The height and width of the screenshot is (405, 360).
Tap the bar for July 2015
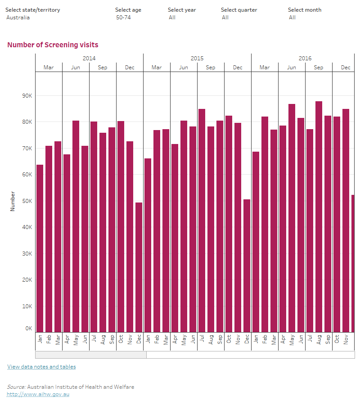click(x=202, y=220)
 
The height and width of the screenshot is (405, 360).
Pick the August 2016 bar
click(x=319, y=216)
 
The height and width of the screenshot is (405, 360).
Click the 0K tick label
click(x=28, y=328)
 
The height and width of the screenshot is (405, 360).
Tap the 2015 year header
click(x=197, y=58)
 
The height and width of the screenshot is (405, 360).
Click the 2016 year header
click(x=305, y=58)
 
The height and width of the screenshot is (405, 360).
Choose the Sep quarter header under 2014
click(x=103, y=67)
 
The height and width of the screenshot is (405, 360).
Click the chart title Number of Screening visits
click(x=53, y=45)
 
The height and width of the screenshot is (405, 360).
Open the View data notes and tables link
click(x=41, y=367)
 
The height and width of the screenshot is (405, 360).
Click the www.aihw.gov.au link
click(x=38, y=394)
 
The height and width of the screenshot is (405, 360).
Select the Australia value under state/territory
click(x=18, y=18)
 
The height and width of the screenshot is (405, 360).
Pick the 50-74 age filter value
click(x=123, y=18)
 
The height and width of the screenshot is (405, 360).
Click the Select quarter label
click(x=239, y=10)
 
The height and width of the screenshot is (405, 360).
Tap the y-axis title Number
click(x=13, y=201)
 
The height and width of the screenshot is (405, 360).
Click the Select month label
click(x=305, y=10)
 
